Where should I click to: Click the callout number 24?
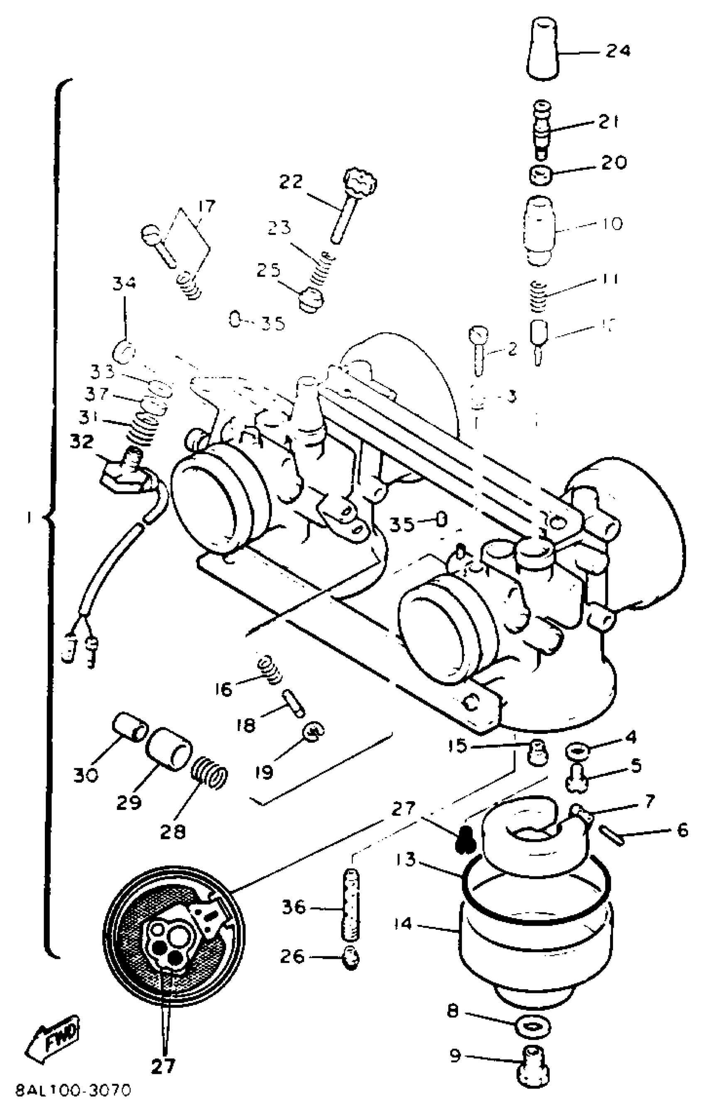[618, 51]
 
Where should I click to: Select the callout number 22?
[290, 181]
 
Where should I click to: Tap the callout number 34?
[124, 283]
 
